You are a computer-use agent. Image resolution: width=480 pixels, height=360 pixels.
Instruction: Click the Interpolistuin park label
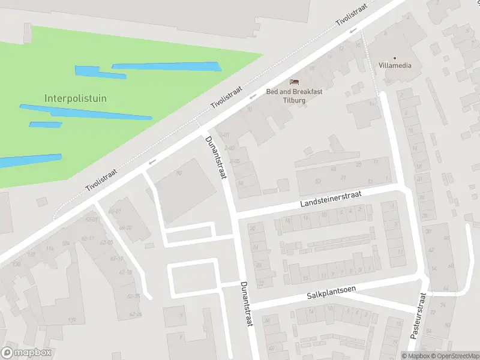pos(76,98)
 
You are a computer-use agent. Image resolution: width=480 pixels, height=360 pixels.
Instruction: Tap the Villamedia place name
pos(395,65)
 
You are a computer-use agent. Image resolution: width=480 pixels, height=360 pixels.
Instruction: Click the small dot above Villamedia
pos(395,58)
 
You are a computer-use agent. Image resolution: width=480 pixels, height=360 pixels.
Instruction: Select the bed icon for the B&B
pos(294,82)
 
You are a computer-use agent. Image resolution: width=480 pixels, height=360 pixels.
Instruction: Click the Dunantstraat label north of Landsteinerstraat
pos(216,157)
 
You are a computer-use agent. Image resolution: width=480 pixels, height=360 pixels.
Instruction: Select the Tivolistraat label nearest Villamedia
pos(350,13)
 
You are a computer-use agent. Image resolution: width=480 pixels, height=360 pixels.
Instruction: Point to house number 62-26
pos(136,314)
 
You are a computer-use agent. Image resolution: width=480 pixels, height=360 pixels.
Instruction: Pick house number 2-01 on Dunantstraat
pos(226,135)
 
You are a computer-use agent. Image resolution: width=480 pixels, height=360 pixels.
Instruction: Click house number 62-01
pos(91,220)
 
